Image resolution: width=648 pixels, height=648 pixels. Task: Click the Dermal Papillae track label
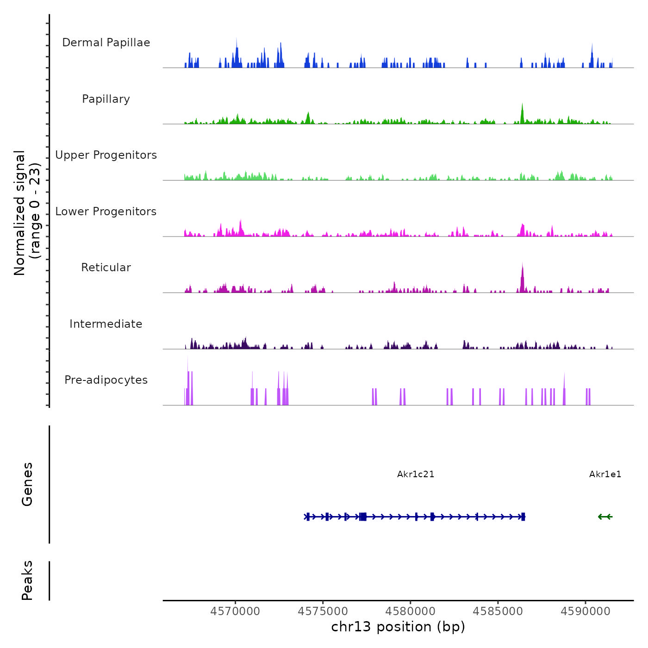[x=106, y=43]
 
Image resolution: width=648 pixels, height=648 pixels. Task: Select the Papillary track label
[x=106, y=99]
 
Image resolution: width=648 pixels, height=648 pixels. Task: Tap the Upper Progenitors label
[x=106, y=155]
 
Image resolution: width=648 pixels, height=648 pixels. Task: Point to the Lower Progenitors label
[x=106, y=212]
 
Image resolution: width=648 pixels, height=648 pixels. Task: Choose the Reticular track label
[x=106, y=268]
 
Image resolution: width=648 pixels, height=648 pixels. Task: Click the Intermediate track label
[x=106, y=324]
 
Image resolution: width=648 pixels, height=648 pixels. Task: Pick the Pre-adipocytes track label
[x=106, y=380]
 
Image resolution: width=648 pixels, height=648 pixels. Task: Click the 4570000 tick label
[x=235, y=611]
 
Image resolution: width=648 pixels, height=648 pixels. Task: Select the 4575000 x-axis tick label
[x=323, y=611]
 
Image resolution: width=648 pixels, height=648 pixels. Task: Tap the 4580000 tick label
[x=411, y=611]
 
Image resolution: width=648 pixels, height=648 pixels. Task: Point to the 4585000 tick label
[x=498, y=611]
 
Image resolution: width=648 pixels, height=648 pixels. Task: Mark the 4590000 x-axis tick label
[x=586, y=611]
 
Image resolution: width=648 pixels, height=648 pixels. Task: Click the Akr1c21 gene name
[x=416, y=474]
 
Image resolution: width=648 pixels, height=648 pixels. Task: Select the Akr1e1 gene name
[x=605, y=474]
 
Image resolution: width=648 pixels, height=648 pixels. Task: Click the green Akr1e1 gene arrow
[x=605, y=517]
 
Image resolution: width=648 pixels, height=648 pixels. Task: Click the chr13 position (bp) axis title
[x=398, y=627]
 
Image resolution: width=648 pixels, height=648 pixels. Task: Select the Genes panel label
[x=27, y=484]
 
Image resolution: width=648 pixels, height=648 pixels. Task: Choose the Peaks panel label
[x=27, y=580]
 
